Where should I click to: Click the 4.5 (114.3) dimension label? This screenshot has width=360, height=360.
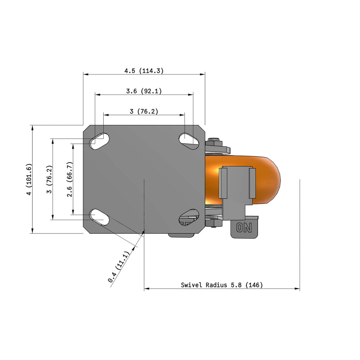click(x=144, y=71)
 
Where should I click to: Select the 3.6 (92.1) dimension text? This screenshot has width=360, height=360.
click(x=144, y=91)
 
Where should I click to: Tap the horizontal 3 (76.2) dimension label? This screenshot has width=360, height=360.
click(x=144, y=111)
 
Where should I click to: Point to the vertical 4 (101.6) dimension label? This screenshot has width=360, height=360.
click(x=29, y=179)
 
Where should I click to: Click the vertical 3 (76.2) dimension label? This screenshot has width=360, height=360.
click(x=50, y=179)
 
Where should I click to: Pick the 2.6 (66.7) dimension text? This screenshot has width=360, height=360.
click(x=70, y=179)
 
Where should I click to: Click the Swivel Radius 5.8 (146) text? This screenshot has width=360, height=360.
click(x=222, y=285)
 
